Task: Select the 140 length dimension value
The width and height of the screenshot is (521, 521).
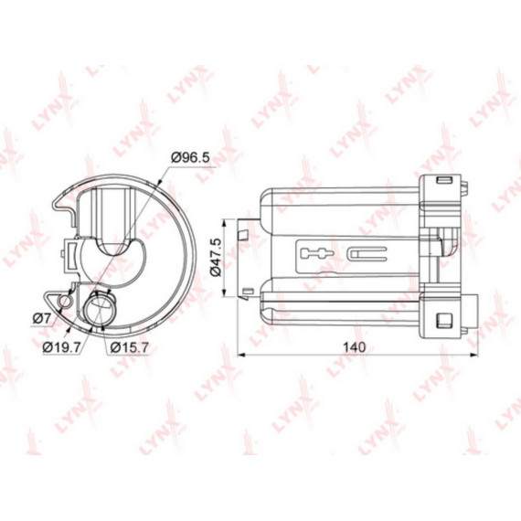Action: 354,346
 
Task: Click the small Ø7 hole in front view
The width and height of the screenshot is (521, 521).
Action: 63,299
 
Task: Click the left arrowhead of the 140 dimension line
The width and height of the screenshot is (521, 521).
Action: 241,355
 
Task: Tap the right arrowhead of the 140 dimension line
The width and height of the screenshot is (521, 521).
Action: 472,355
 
